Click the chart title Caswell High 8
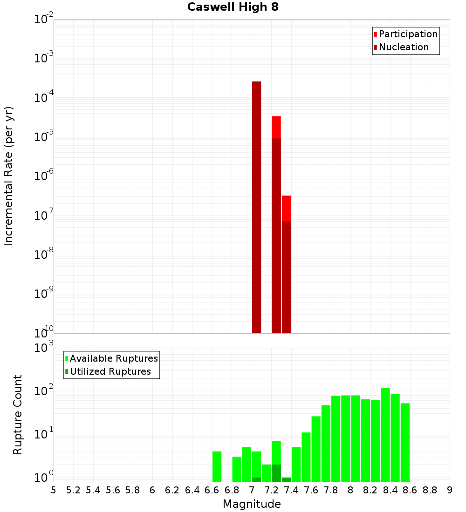233,7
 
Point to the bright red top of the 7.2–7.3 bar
276,127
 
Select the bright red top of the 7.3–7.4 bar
286,208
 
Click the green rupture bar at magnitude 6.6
217,466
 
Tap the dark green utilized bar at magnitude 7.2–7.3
276,473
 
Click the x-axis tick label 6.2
172,490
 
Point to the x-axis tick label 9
450,490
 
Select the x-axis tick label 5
54,490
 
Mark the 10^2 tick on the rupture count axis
44,391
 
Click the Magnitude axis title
252,504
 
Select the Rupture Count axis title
18,415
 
